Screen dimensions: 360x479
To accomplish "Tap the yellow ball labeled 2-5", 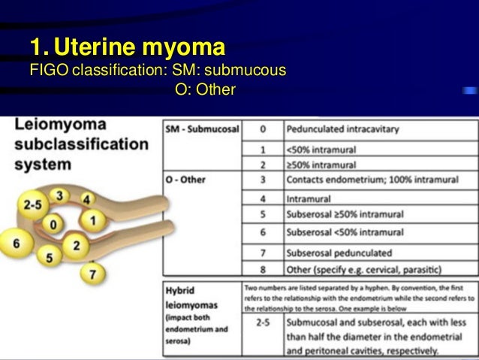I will (x=32, y=204).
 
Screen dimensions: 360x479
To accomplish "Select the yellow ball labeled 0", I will (x=52, y=224).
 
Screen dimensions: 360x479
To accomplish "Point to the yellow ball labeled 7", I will (x=92, y=274).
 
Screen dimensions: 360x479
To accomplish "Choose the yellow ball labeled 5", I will (x=49, y=258).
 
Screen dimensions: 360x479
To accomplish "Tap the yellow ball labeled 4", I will (x=87, y=200).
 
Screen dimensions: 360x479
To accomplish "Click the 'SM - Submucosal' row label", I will (x=200, y=129).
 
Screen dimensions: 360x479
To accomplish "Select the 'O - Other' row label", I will (x=185, y=180).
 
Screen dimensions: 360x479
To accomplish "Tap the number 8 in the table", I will (x=262, y=268).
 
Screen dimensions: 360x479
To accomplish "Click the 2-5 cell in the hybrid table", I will (x=262, y=323).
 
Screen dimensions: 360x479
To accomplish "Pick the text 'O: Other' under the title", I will (x=205, y=90).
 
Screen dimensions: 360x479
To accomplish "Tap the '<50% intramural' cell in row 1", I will (x=321, y=149).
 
